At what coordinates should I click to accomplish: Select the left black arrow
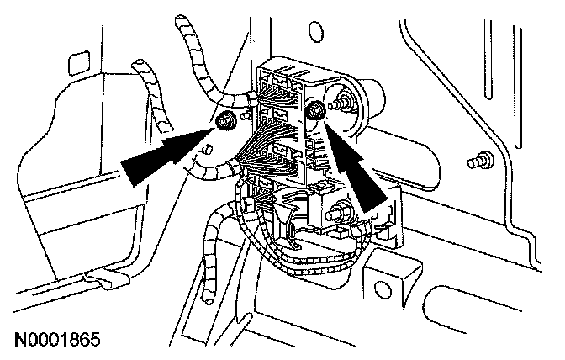[x=164, y=156]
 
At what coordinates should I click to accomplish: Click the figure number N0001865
[x=57, y=341]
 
